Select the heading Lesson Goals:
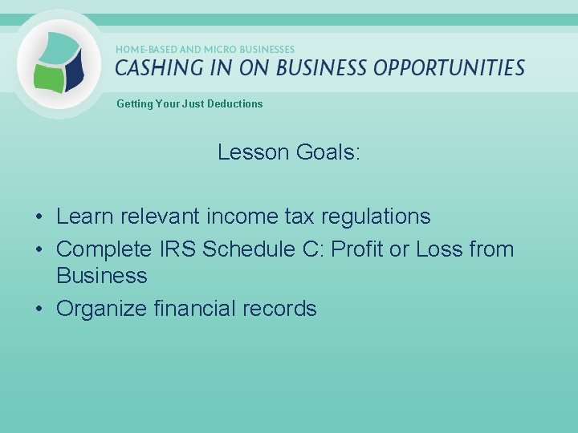pyautogui.click(x=289, y=152)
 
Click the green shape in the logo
pyautogui.click(x=49, y=77)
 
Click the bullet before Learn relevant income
pyautogui.click(x=39, y=217)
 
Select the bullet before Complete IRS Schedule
pyautogui.click(x=39, y=250)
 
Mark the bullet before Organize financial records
pyautogui.click(x=39, y=310)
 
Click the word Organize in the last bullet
pyautogui.click(x=101, y=309)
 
